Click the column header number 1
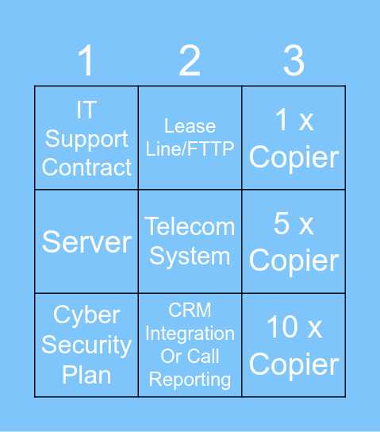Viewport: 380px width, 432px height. click(86, 61)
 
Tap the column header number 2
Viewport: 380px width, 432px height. click(190, 61)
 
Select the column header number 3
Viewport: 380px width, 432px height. click(294, 61)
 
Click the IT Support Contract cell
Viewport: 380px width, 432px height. click(86, 138)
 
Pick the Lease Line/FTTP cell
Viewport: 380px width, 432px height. click(190, 137)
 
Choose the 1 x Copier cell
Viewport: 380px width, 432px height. click(294, 138)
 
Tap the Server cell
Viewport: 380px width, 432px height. click(86, 241)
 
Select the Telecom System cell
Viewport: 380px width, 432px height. click(190, 241)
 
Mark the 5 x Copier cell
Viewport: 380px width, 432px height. click(294, 241)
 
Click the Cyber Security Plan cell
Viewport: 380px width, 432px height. click(86, 345)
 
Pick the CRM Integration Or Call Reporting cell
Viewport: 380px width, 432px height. click(190, 345)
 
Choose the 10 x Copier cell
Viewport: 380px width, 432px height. click(294, 345)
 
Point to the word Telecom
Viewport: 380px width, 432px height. click(190, 227)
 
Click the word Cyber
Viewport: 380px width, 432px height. click(86, 315)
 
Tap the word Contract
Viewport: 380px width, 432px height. click(86, 168)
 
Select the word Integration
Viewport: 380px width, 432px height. click(190, 334)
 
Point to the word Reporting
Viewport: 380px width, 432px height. click(190, 380)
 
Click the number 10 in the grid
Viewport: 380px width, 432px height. click(273, 327)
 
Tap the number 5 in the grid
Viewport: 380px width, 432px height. click(282, 224)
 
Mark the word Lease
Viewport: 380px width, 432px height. click(190, 125)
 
